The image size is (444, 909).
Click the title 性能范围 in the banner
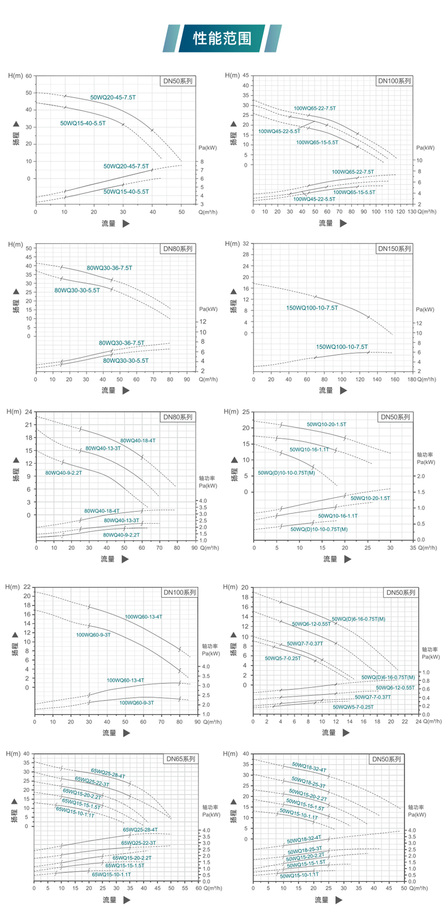point(222,38)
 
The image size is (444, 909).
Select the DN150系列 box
point(395,248)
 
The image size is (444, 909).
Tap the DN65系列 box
point(181,759)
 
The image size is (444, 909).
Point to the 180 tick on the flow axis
point(411,379)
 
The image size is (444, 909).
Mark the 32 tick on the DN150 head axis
point(244,243)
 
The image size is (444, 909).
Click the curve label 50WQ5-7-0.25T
point(283,658)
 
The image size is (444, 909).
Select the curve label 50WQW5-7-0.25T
point(352,707)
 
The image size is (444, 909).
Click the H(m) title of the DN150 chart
point(232,243)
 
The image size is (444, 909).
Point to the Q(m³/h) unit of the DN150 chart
point(427,379)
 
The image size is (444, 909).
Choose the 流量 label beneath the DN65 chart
point(109,899)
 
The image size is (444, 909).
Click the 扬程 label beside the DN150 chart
point(234,306)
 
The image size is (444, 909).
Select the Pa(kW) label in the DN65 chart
point(211,814)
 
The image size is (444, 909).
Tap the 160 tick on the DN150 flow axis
point(395,379)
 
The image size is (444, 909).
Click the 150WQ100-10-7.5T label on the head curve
point(312,308)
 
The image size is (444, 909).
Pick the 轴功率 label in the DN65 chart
point(211,807)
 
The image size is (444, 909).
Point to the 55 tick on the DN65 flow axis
point(185,888)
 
